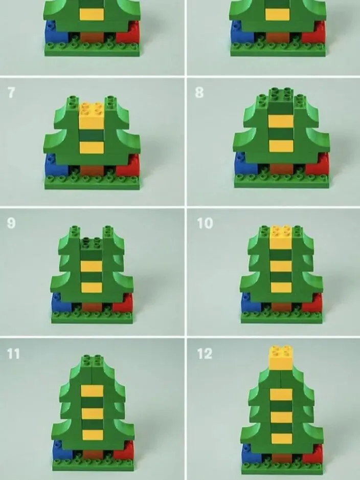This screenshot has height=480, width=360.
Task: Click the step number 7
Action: (x=11, y=92)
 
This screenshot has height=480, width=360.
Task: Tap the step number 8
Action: (x=199, y=92)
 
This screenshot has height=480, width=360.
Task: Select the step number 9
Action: (x=11, y=223)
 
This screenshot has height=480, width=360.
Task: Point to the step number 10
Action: (x=205, y=223)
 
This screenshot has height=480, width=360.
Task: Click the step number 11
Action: (x=13, y=354)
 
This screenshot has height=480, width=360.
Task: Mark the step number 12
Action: (x=205, y=354)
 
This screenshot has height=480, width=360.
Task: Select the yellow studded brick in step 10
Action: (x=281, y=237)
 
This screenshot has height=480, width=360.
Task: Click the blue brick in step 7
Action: (x=56, y=165)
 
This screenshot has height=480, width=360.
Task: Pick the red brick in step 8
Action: (x=317, y=165)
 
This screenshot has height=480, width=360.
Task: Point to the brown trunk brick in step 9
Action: (x=92, y=307)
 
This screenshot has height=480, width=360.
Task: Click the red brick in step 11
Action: (x=124, y=450)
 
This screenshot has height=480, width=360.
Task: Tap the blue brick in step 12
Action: (x=252, y=453)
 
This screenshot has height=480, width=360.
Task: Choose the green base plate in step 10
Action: (x=281, y=317)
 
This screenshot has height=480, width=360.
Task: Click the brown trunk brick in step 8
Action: (x=282, y=169)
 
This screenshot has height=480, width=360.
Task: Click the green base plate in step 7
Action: (x=93, y=183)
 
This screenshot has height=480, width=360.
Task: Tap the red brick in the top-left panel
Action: (x=127, y=33)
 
